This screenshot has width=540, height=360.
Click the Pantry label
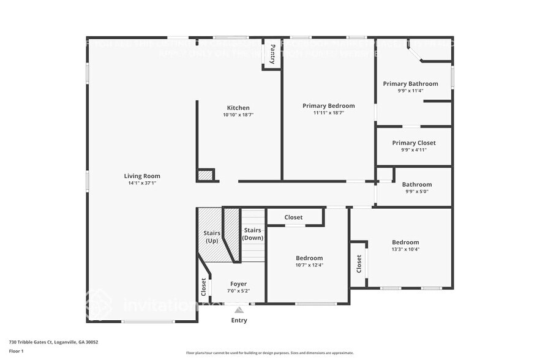tap(272, 53)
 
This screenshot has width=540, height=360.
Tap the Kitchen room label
tap(238, 108)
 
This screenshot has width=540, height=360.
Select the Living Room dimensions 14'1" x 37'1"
tap(142, 183)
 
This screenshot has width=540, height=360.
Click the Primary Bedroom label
tap(328, 106)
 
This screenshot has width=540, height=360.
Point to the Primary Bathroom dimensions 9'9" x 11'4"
tap(410, 91)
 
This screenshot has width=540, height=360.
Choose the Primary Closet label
tap(414, 143)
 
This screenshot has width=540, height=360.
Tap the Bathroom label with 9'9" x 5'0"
tap(416, 184)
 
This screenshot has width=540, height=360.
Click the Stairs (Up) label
tap(211, 237)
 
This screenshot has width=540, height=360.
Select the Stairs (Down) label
tap(253, 234)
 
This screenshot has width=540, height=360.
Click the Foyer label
tap(238, 283)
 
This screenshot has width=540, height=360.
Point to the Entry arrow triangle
tap(239, 310)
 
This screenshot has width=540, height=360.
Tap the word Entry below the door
tap(239, 320)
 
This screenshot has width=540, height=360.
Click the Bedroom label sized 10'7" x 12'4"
tap(309, 258)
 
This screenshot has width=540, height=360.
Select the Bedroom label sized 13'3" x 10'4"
tap(405, 242)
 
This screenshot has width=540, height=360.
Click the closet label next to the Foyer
tap(204, 287)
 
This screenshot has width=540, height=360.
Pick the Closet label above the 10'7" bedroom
tap(293, 217)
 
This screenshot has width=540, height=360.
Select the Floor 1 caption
tap(16, 351)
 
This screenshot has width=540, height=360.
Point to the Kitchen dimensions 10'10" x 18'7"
tap(238, 114)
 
